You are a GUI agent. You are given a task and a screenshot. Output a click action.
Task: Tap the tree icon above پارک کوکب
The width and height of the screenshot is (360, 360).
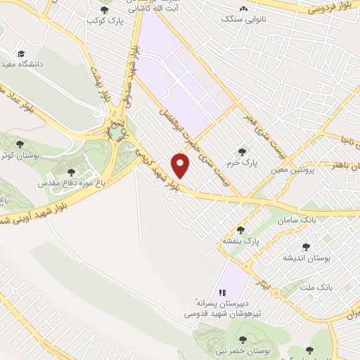(x=105, y=10)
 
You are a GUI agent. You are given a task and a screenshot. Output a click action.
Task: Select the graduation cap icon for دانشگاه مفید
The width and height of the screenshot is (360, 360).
(x=22, y=53)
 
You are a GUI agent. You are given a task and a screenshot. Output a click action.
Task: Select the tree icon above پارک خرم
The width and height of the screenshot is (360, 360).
(x=243, y=151)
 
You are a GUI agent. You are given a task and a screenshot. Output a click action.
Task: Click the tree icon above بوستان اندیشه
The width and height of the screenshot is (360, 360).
(x=306, y=246)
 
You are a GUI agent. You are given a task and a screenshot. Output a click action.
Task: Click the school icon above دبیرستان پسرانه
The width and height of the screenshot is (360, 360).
(x=222, y=292)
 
